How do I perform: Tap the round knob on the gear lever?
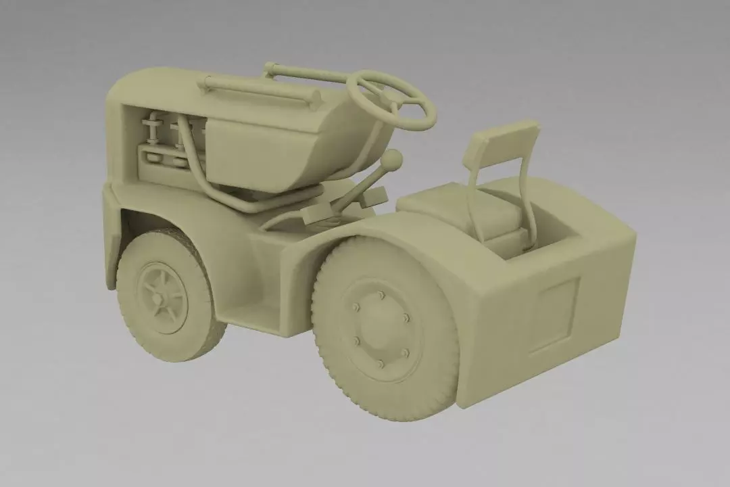391,160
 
